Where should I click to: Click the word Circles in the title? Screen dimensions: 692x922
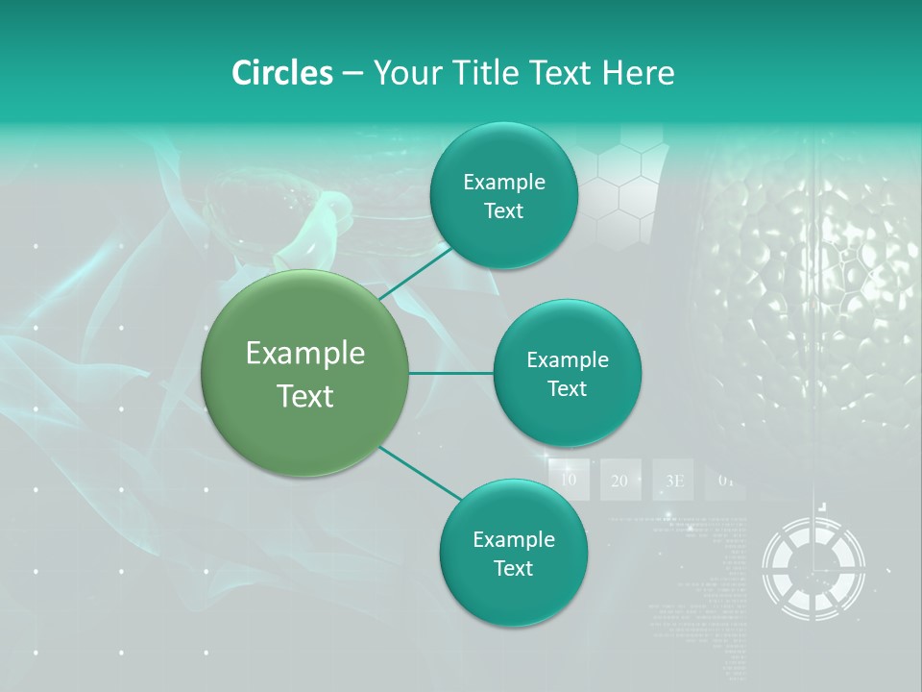[282, 73]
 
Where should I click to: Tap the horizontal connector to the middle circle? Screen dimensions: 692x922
[451, 373]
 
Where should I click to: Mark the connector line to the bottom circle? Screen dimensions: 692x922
[421, 473]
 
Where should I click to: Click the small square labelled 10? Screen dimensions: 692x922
[569, 480]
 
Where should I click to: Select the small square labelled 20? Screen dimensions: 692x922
[619, 480]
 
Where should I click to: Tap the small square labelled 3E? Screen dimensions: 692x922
[673, 480]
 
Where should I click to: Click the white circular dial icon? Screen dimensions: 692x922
[813, 567]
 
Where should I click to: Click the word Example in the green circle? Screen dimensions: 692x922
[305, 354]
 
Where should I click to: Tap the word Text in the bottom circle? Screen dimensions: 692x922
[513, 568]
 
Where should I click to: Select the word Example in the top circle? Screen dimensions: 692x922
[503, 182]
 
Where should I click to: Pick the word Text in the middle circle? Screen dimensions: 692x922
[567, 388]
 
